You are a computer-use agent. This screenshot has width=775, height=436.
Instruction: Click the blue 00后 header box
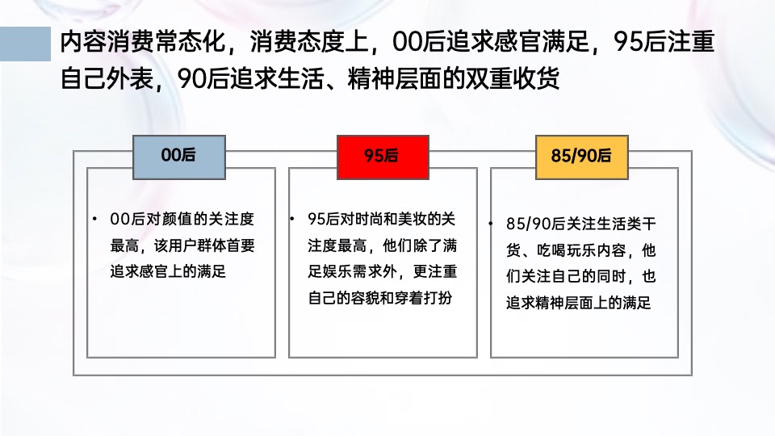179,157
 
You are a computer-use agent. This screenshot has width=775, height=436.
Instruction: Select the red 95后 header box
382,157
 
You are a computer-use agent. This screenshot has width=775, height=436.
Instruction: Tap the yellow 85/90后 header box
581,157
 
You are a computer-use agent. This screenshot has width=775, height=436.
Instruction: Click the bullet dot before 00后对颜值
94,220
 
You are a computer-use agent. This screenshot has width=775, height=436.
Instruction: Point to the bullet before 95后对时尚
294,220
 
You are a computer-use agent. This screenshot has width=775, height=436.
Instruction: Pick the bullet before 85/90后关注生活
492,224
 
